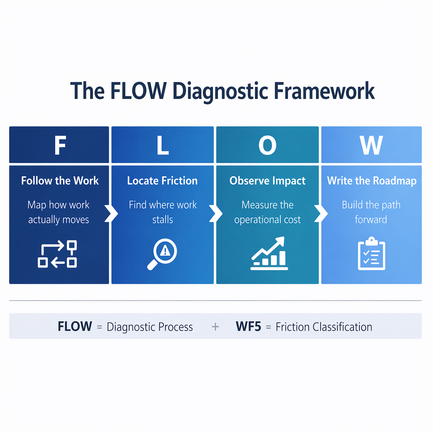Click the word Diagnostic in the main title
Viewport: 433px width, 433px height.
click(x=220, y=91)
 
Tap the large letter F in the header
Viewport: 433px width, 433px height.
click(x=60, y=145)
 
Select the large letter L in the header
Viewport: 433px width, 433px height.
click(x=163, y=145)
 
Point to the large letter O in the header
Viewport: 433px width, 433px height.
click(x=268, y=145)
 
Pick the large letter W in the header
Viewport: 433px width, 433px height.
click(x=371, y=145)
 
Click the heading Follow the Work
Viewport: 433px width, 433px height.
click(x=60, y=181)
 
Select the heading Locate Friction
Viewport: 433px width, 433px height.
click(x=162, y=181)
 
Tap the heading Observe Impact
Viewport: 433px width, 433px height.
click(x=268, y=181)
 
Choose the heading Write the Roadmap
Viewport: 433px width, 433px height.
click(x=372, y=181)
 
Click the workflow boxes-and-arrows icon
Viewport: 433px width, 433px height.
click(x=57, y=254)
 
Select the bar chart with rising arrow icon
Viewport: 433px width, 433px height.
click(x=269, y=253)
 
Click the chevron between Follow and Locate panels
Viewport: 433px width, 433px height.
click(x=111, y=214)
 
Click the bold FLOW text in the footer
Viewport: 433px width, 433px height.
click(x=75, y=326)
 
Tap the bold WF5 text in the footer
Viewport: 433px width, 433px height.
click(x=248, y=326)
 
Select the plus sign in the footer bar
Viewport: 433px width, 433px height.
click(x=215, y=327)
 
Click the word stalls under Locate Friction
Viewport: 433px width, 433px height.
click(x=163, y=220)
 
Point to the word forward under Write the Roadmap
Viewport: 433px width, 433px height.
click(x=371, y=220)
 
